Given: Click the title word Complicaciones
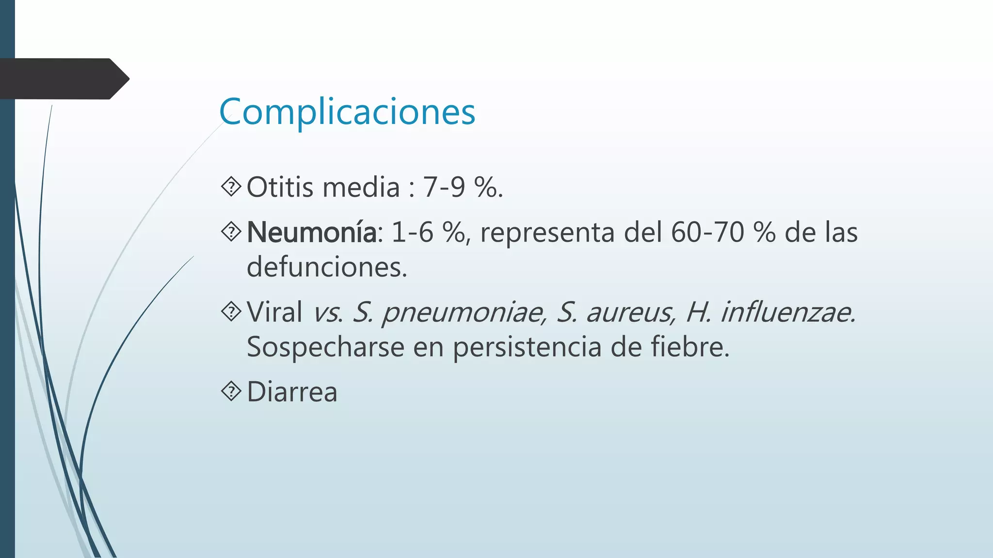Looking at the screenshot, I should (x=347, y=112).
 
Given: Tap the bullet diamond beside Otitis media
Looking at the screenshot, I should (x=231, y=187).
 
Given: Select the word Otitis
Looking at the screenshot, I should (x=280, y=187).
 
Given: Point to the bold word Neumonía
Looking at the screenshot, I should (x=311, y=232).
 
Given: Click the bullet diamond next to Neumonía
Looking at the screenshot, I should (x=231, y=232).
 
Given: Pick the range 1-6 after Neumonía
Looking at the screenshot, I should (x=412, y=232).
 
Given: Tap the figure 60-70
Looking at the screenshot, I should (x=707, y=232).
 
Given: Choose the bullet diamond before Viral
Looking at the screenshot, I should (x=231, y=311).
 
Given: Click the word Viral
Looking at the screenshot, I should (x=274, y=311).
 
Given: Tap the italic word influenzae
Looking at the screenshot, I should (x=787, y=312).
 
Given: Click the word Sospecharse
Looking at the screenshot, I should (x=325, y=347).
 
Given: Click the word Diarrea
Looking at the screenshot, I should (x=292, y=391).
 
